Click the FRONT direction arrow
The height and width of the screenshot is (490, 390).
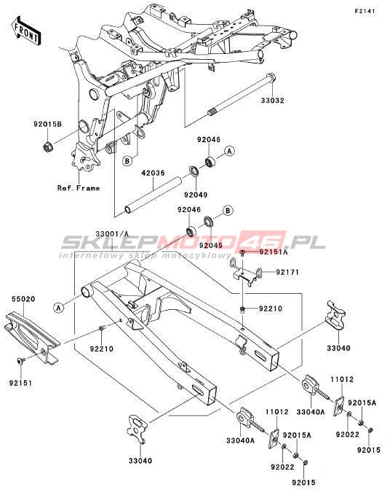click(27, 31)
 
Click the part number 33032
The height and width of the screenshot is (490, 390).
click(272, 101)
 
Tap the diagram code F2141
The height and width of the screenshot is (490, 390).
click(365, 11)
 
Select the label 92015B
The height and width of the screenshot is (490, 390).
click(48, 125)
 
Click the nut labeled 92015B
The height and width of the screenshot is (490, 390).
click(48, 146)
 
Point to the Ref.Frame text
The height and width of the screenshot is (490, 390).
click(79, 188)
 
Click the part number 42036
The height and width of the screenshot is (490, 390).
click(153, 173)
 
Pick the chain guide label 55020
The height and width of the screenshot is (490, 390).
click(23, 299)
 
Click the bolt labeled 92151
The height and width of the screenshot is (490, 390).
click(21, 361)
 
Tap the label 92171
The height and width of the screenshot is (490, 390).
click(287, 273)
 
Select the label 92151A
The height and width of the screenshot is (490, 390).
click(274, 252)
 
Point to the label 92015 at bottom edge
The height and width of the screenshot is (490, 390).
click(303, 483)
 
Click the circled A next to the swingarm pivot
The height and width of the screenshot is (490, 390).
click(58, 308)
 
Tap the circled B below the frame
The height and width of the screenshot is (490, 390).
click(127, 161)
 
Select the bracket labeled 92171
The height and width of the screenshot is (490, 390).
click(246, 271)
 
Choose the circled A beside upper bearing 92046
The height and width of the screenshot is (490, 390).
click(230, 151)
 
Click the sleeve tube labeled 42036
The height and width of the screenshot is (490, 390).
click(153, 196)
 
